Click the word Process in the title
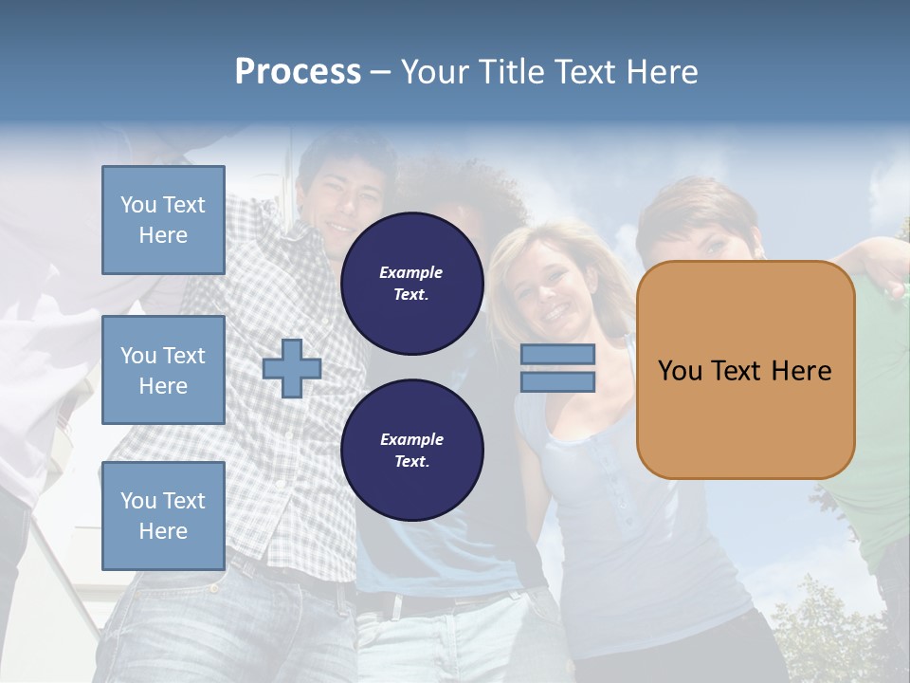298,72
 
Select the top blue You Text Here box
163,220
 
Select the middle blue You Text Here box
163,370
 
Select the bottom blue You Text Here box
163,515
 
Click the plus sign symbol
292,368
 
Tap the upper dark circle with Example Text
411,284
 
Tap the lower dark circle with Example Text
411,450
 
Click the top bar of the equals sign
557,355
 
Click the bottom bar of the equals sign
557,381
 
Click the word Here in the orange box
801,371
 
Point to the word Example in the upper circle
411,272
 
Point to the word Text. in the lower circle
411,461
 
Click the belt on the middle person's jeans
427,601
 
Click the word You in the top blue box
138,205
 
